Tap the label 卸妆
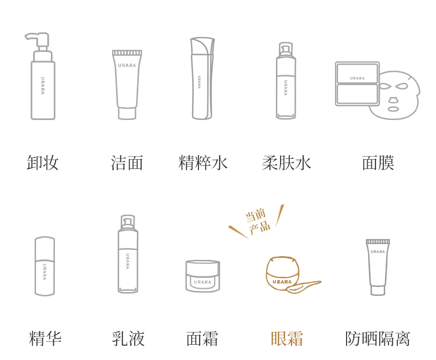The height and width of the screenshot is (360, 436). click(x=42, y=163)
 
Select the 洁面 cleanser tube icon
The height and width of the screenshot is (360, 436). click(x=127, y=84)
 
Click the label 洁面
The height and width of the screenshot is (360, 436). click(x=127, y=163)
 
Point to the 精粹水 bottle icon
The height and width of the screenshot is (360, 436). click(x=203, y=78)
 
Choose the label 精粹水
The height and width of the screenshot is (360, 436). click(x=203, y=163)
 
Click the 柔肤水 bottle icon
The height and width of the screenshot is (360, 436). click(x=286, y=81)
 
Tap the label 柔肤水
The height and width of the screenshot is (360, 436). click(x=287, y=163)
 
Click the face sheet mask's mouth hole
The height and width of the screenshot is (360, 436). click(x=393, y=109)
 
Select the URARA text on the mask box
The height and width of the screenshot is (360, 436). click(x=357, y=78)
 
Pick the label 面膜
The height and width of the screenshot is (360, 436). click(x=378, y=163)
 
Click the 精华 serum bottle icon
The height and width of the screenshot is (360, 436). click(x=44, y=266)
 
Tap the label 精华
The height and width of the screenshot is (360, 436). click(x=45, y=339)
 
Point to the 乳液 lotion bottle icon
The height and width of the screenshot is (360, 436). click(x=128, y=254)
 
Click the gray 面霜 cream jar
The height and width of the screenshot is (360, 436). click(x=203, y=276)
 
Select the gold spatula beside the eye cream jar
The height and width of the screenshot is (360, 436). click(x=304, y=287)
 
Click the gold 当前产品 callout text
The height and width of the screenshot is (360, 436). click(x=257, y=222)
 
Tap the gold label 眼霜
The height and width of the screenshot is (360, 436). click(x=287, y=339)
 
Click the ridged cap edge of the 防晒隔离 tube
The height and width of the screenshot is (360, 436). click(x=377, y=241)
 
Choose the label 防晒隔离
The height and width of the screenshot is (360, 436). click(x=377, y=339)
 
